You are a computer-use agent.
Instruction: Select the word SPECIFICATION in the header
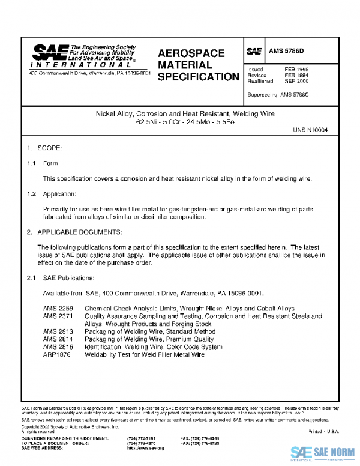(198, 77)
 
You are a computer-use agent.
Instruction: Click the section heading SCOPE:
(50, 148)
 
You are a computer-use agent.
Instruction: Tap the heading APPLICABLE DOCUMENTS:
(80, 232)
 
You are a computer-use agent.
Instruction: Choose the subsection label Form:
(52, 163)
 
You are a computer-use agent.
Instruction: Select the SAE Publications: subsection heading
(68, 278)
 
